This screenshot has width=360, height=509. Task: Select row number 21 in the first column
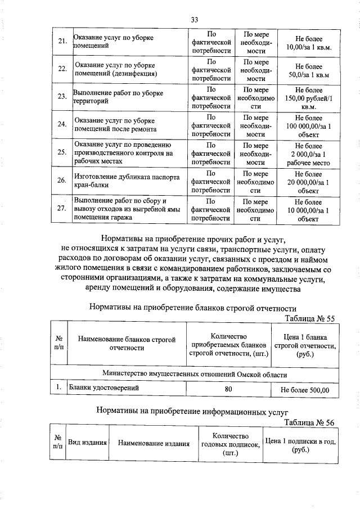click(x=63, y=41)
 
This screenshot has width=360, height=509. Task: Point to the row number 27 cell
click(x=63, y=209)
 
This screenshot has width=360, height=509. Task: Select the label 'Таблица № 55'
click(x=309, y=318)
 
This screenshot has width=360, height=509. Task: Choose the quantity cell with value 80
click(x=228, y=389)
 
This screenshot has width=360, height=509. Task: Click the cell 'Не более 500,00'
click(x=304, y=389)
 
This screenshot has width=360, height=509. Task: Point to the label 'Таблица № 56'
click(x=309, y=423)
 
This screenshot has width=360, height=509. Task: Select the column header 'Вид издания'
click(x=87, y=443)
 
